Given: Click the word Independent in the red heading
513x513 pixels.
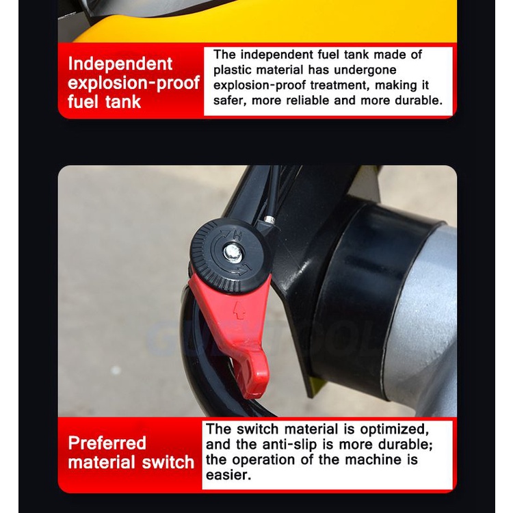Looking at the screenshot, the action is click(120, 64).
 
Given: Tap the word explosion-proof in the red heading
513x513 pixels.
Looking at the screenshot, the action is click(133, 83).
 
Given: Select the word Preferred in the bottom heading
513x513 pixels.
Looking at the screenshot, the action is click(107, 444).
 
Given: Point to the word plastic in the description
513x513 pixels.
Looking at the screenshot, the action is click(233, 70).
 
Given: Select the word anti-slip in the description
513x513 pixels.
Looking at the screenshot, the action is click(289, 445).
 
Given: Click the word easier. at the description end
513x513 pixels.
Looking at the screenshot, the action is click(228, 475).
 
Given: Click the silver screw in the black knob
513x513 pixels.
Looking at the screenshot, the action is click(232, 252).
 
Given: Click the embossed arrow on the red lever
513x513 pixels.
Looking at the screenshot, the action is click(239, 311).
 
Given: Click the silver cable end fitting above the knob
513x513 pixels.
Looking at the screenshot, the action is click(270, 218).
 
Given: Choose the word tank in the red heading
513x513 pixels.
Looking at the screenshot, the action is click(123, 102).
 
